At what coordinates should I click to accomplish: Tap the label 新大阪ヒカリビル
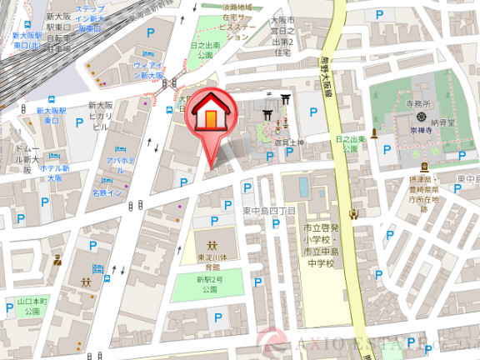coord(99,116)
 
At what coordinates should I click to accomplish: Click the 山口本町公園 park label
coord(32,306)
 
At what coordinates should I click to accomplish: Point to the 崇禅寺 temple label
coord(424,131)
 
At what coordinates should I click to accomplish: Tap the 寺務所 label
coord(419,105)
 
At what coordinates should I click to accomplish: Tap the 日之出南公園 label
coord(206,49)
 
